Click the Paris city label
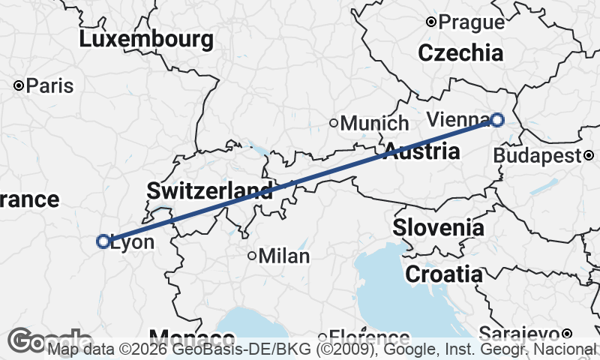(x=49, y=85)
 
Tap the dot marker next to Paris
(x=19, y=85)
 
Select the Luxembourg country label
(x=146, y=39)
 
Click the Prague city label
(x=471, y=22)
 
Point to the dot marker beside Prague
(x=430, y=22)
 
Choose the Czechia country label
(x=460, y=53)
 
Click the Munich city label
(x=374, y=123)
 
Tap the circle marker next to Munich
(x=334, y=123)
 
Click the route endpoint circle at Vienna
(x=497, y=119)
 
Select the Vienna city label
(x=457, y=118)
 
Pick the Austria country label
(x=421, y=151)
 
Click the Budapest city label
(x=538, y=156)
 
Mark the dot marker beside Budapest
(x=589, y=155)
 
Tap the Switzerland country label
(x=209, y=190)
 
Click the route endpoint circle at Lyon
(x=103, y=241)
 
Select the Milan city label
(x=284, y=256)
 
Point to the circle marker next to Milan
(x=252, y=256)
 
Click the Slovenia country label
(x=438, y=227)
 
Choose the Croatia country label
(x=444, y=274)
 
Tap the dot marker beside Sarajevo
(x=568, y=333)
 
